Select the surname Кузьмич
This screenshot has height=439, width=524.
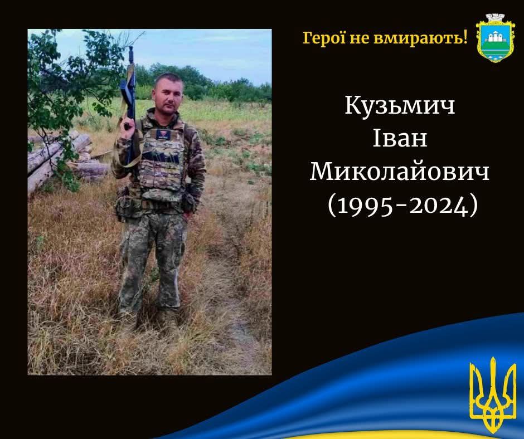tap(400, 106)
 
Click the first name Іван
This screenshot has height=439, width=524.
tap(400, 138)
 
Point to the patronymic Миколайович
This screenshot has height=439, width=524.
tap(400, 172)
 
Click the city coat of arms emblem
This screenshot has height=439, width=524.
tap(495, 38)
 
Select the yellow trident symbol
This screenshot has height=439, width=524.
tap(493, 395)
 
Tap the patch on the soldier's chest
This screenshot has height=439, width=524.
tap(164, 135)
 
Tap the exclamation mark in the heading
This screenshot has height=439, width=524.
tap(465, 37)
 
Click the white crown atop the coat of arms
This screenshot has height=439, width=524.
tap(495, 19)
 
